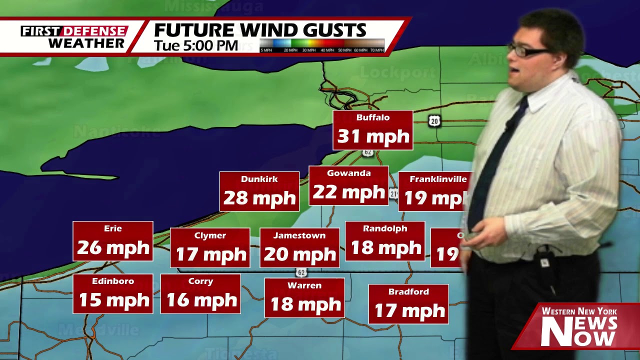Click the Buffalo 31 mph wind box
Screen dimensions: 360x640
pyautogui.click(x=373, y=130)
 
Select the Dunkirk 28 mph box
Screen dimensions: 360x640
pyautogui.click(x=259, y=191)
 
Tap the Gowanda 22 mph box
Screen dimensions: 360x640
pyautogui.click(x=348, y=186)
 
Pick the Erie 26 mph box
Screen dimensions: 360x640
pyautogui.click(x=113, y=241)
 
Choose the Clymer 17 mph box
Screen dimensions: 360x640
pyautogui.click(x=210, y=248)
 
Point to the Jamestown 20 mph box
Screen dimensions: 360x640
pyautogui.click(x=299, y=248)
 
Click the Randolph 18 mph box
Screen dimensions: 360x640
pyautogui.click(x=385, y=241)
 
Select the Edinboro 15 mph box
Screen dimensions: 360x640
pyautogui.click(x=113, y=294)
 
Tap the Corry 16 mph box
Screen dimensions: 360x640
pyautogui.click(x=200, y=294)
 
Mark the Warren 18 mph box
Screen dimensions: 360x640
pyautogui.click(x=304, y=298)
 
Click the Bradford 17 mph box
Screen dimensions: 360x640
pyautogui.click(x=408, y=304)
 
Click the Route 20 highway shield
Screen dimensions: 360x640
pyautogui.click(x=434, y=120)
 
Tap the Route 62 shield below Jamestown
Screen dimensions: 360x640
pyautogui.click(x=301, y=272)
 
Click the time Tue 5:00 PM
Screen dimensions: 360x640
pyautogui.click(x=195, y=45)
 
